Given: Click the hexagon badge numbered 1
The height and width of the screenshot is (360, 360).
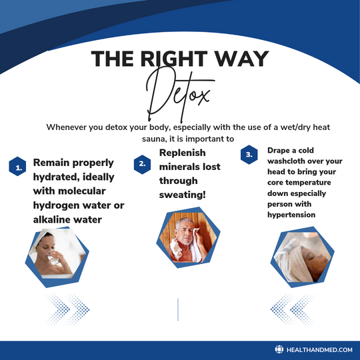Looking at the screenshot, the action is point(17,167).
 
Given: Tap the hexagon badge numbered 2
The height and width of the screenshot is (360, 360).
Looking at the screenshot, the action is point(143,165).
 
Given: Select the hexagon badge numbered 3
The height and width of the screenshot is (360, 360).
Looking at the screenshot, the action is point(249,155).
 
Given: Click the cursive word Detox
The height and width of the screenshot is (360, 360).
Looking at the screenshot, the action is point(179,95).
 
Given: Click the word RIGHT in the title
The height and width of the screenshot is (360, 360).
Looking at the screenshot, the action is point(174,59).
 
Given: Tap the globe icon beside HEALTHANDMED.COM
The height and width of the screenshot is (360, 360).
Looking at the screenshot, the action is point(279,349).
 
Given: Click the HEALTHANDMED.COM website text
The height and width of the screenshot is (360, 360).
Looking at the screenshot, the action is point(319,350).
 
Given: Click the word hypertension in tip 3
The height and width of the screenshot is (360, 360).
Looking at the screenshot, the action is point(291,215).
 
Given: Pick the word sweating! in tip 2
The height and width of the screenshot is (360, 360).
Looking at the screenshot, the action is point(182,195).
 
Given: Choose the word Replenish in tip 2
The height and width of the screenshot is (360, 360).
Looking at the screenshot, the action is point(182,153).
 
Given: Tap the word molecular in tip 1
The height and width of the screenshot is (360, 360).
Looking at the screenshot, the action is point(82,191).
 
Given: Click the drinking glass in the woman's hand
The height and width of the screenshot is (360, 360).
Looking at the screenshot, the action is point(53,258).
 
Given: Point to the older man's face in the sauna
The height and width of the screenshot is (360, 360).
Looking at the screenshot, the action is point(185,232).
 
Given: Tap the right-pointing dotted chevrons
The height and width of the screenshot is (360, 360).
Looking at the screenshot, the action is point(67,309).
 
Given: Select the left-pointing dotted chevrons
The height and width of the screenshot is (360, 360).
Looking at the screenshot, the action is point(292,309).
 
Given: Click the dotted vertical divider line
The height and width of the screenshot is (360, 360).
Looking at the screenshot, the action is point(178,309).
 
